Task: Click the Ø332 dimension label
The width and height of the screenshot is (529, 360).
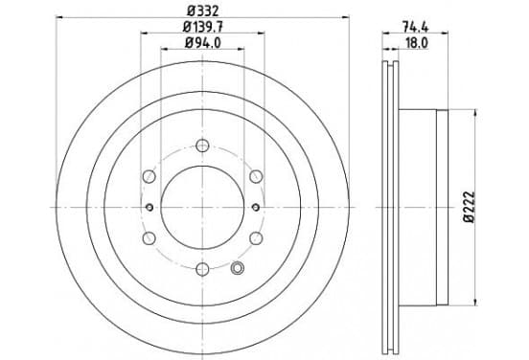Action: (x=203, y=11)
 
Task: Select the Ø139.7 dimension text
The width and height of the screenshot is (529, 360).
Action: (x=203, y=27)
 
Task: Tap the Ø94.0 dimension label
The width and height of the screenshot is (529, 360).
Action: (x=203, y=43)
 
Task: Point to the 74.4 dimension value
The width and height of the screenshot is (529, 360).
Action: (x=415, y=27)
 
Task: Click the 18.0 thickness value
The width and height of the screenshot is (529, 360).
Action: (x=417, y=43)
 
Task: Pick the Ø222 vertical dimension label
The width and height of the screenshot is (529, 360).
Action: (x=469, y=207)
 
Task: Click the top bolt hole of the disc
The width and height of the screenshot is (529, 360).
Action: (x=202, y=146)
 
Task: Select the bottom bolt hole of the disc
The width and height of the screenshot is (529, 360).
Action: (x=202, y=269)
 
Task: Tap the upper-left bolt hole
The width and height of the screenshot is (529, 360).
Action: (x=149, y=176)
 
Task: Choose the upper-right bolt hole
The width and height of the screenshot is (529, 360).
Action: (x=256, y=176)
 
